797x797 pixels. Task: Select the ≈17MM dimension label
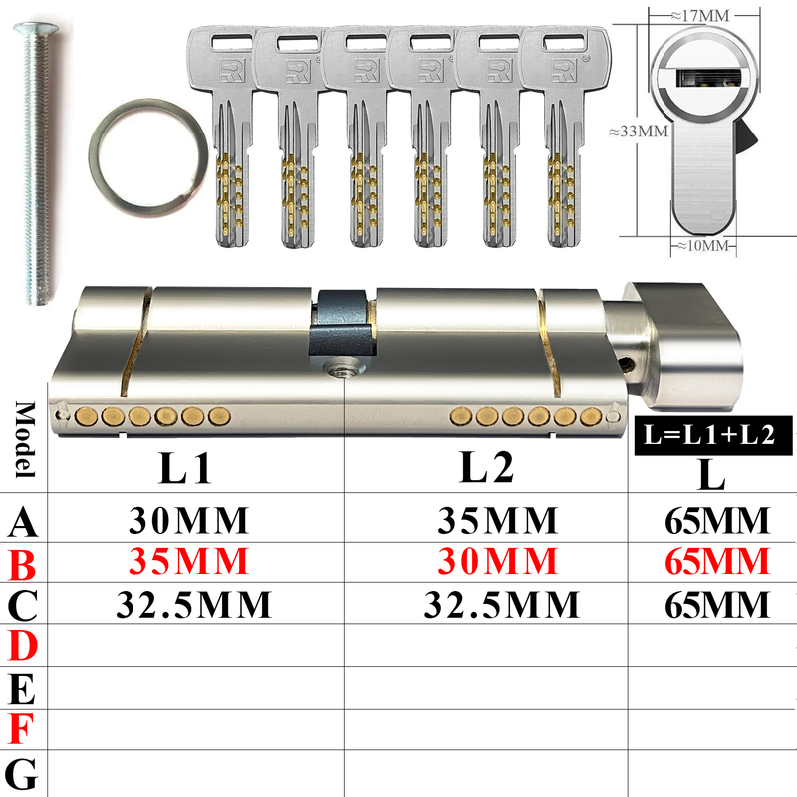click(700, 16)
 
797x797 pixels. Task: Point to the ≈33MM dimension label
click(639, 132)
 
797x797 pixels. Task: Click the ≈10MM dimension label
click(703, 246)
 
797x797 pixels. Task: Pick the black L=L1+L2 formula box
click(713, 435)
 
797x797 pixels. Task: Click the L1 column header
click(185, 467)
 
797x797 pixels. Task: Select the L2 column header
click(486, 466)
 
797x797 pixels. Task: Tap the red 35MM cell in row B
click(188, 561)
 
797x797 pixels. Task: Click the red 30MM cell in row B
click(497, 561)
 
